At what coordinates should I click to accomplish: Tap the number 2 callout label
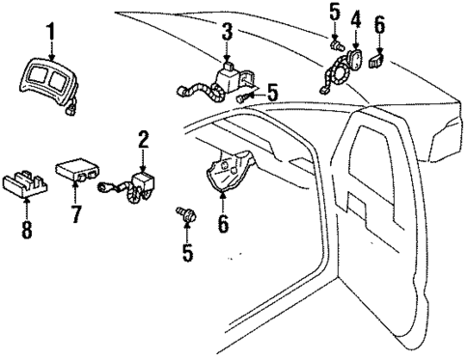coord(143,140)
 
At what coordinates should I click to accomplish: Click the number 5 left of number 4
coord(335,13)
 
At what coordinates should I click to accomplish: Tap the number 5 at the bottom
coord(188,254)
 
